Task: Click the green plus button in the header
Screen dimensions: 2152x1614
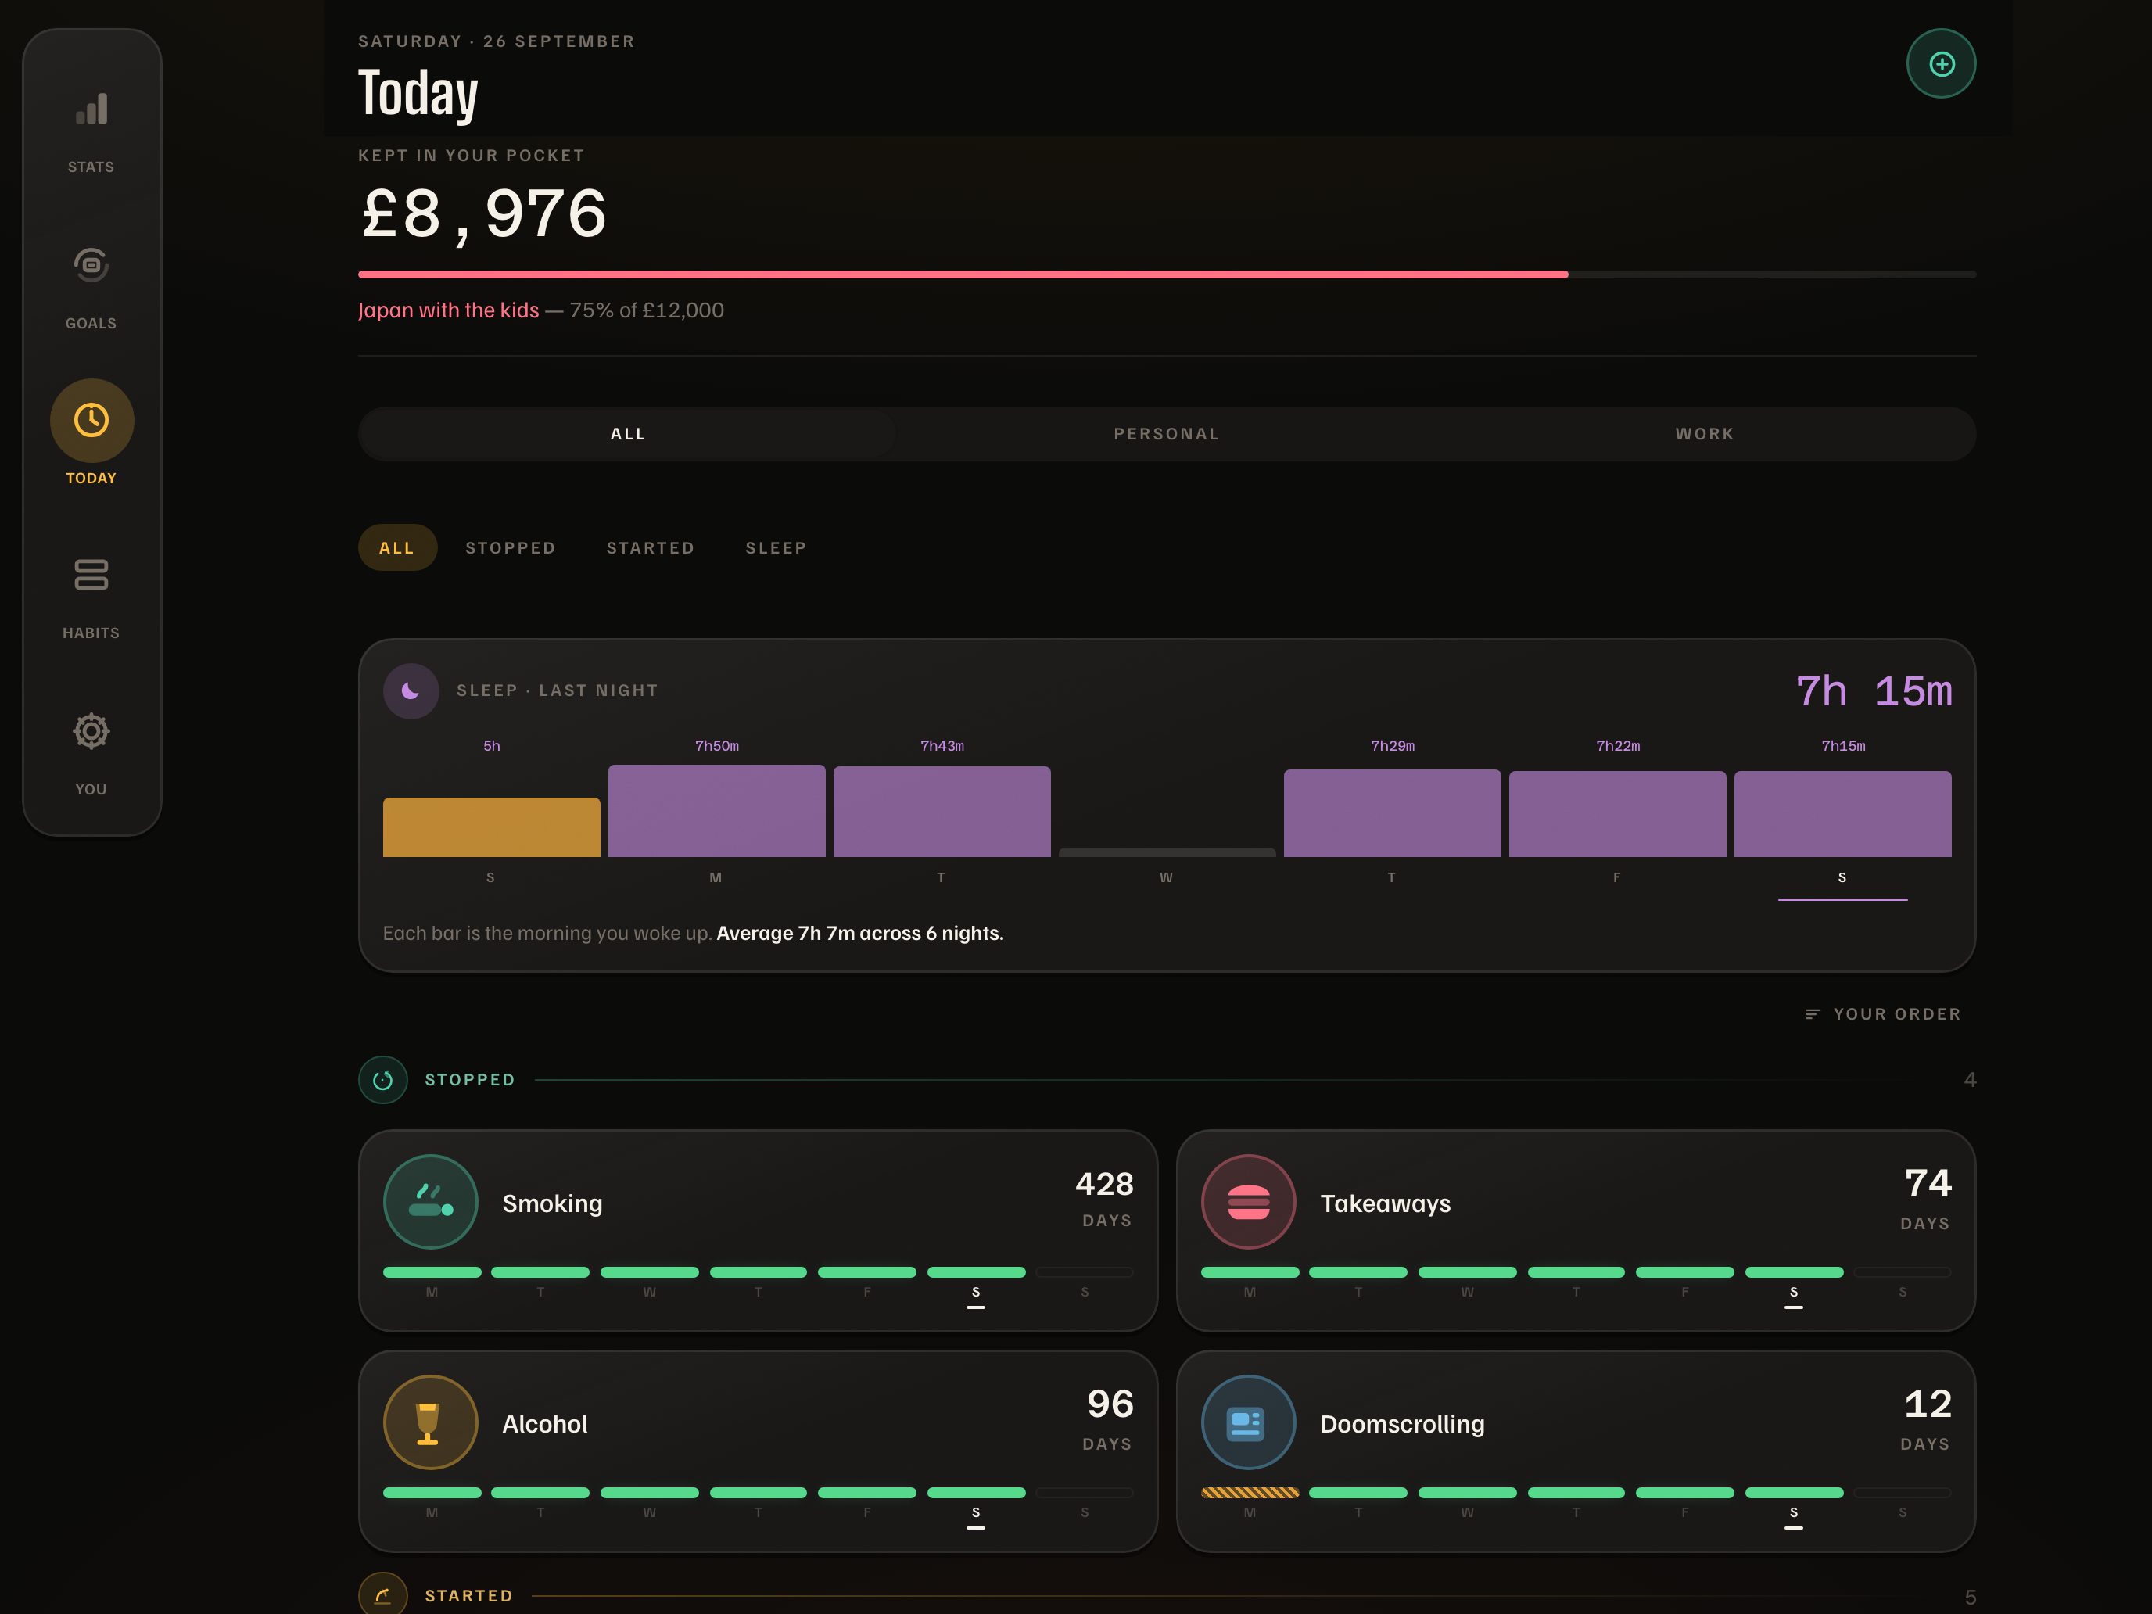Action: coord(1941,64)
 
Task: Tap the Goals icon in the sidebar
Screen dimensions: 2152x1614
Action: coord(91,264)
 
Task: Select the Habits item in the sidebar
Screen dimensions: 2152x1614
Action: coord(91,595)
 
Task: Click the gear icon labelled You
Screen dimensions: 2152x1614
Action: coord(91,730)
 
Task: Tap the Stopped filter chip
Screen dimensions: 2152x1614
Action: coord(511,547)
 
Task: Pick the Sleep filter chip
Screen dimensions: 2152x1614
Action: coord(777,547)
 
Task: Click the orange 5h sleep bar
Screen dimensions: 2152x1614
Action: coord(491,827)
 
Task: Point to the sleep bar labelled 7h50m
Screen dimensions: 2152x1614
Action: coord(717,810)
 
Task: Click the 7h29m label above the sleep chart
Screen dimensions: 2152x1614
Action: coord(1392,746)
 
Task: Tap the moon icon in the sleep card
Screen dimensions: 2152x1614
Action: coord(411,690)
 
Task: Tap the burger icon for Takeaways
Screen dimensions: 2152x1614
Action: coord(1248,1201)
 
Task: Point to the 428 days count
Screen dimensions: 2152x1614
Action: coord(1104,1184)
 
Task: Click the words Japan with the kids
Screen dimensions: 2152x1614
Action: coord(449,310)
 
